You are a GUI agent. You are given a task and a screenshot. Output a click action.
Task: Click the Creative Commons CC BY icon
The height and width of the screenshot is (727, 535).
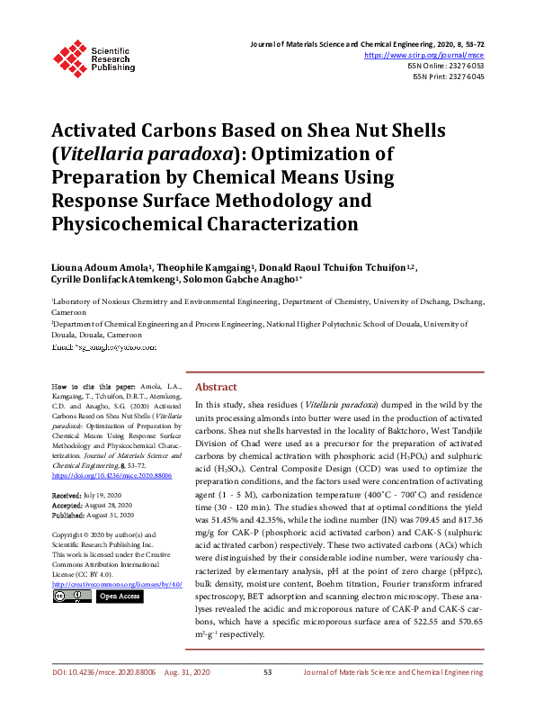71,570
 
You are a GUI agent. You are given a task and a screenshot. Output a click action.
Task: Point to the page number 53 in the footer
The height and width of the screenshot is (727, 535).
267,697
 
